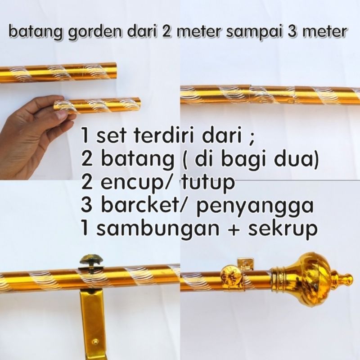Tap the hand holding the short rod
(x=31, y=135)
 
